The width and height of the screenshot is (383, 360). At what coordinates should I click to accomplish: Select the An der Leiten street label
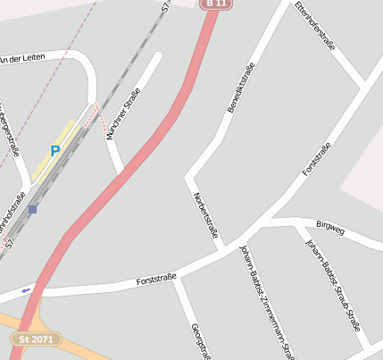point(21,59)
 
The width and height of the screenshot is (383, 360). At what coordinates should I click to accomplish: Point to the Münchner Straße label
point(124,111)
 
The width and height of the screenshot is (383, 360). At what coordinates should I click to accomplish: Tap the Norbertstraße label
point(205,213)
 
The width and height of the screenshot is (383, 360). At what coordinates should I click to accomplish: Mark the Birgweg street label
point(330,228)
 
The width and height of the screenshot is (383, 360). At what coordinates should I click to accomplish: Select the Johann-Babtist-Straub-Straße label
point(333,284)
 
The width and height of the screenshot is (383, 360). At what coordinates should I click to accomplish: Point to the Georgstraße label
point(199,339)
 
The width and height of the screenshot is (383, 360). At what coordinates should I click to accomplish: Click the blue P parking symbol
point(55,151)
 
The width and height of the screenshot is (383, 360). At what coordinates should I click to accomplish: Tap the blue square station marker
point(32,209)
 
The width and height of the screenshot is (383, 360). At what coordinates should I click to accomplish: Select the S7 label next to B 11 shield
point(165,6)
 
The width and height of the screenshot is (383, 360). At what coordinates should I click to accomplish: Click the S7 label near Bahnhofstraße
point(9,241)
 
